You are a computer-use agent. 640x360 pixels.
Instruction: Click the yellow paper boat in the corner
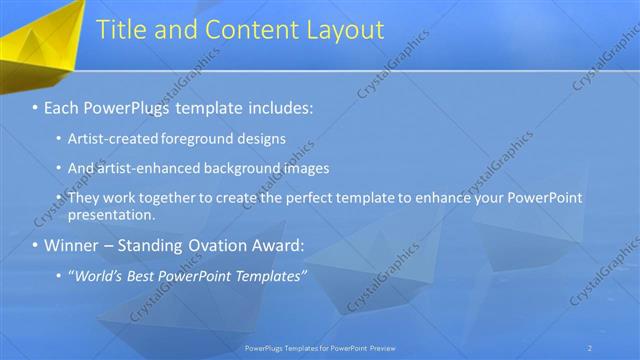(x=40, y=40)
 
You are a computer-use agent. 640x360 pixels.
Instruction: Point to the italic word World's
(x=101, y=275)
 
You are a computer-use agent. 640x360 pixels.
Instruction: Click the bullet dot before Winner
(x=36, y=245)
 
